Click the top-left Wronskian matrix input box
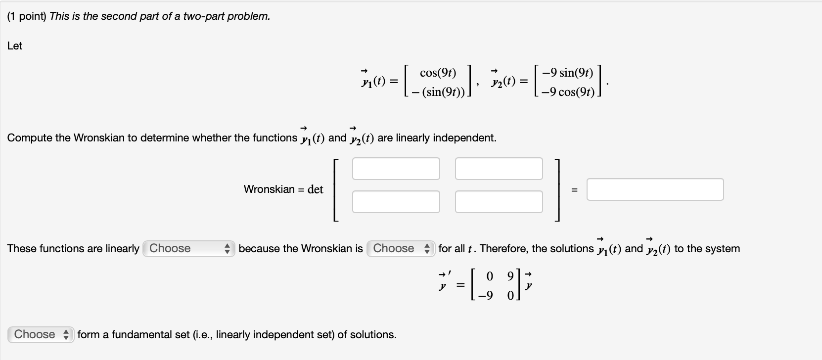(396, 169)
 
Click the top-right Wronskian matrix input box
(499, 169)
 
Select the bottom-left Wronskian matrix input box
(396, 202)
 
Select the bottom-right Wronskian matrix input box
(499, 202)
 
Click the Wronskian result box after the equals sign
(655, 189)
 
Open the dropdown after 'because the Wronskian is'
(401, 248)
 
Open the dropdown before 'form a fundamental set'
(41, 334)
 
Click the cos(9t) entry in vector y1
(438, 73)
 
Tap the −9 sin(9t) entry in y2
(567, 73)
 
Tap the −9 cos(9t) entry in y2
(567, 92)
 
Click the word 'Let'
(15, 45)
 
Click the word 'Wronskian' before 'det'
(269, 189)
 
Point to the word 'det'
(315, 189)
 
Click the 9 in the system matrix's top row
(510, 276)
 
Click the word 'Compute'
(29, 138)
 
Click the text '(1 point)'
(27, 16)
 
